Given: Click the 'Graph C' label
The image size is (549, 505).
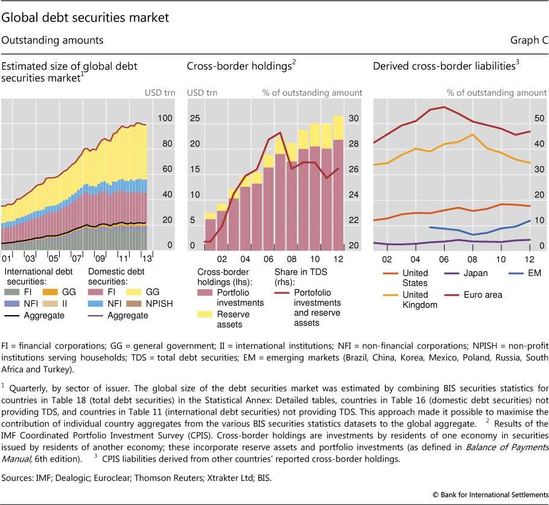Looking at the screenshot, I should coord(529,40).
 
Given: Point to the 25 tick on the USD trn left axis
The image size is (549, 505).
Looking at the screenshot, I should coord(194,119).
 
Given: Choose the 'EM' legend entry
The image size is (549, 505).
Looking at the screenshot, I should coord(533,273).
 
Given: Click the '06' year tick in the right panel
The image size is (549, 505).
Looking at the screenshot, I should coord(444,259).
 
